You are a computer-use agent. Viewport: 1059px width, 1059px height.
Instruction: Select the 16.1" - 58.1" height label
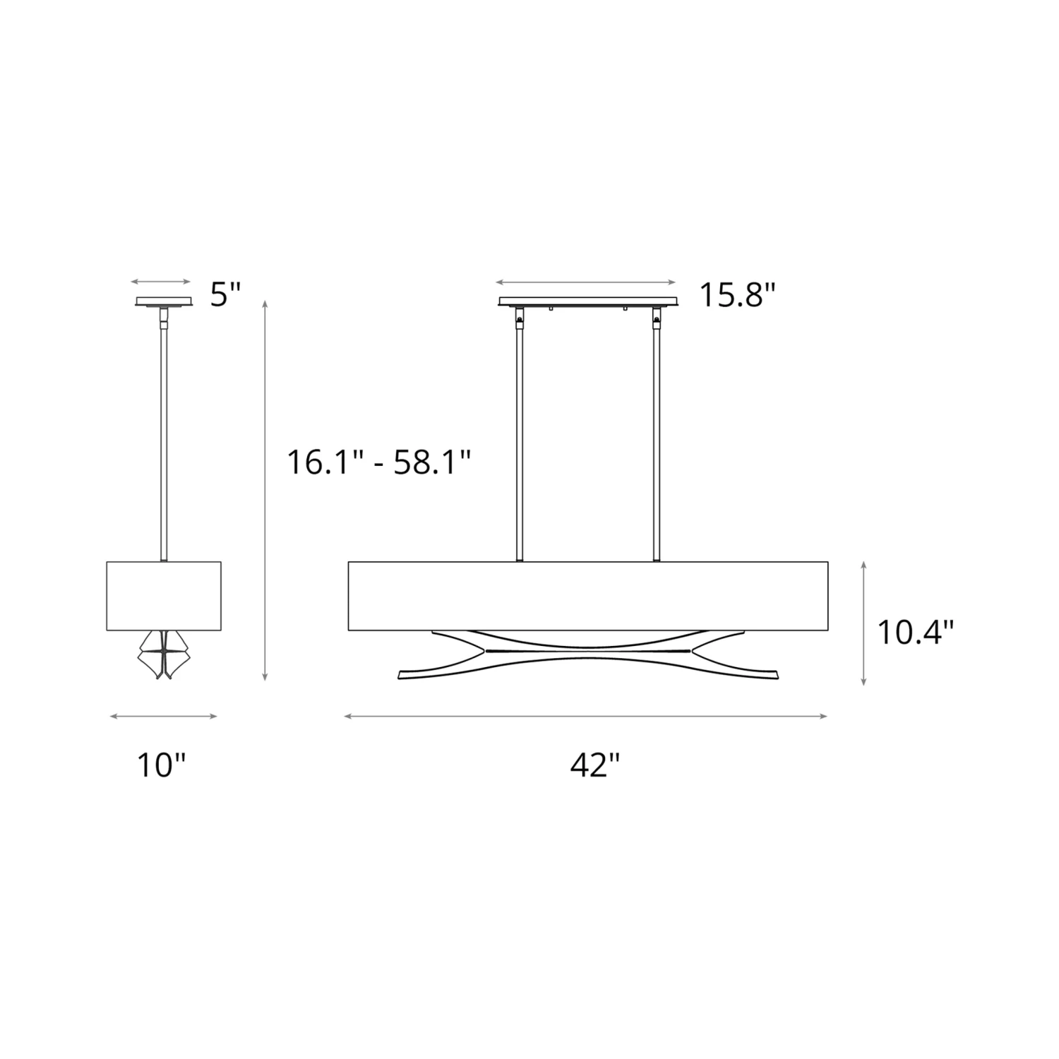pyautogui.click(x=378, y=463)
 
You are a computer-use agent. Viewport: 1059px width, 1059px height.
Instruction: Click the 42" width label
pyautogui.click(x=595, y=765)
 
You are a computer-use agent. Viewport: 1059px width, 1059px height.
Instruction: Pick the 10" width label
pyautogui.click(x=162, y=765)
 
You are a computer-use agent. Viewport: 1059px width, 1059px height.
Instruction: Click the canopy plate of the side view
pyautogui.click(x=164, y=301)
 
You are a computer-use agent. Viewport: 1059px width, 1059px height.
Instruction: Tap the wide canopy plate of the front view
pyautogui.click(x=589, y=301)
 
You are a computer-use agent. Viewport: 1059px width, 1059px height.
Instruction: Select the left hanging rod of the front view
pyautogui.click(x=520, y=434)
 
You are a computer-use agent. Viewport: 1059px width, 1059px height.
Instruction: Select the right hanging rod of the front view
pyautogui.click(x=657, y=434)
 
